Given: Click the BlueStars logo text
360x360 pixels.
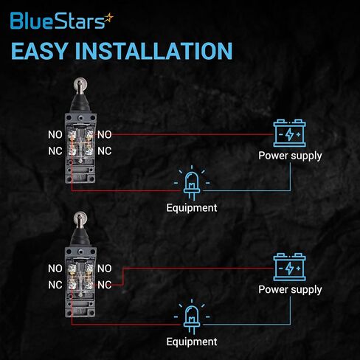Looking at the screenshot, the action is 58,21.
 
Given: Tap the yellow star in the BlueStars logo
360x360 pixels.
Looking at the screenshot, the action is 108,18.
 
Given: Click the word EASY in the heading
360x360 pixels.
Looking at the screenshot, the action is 39,51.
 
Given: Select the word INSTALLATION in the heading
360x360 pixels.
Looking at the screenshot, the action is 153,51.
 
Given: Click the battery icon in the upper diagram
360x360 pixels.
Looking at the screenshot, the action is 290,133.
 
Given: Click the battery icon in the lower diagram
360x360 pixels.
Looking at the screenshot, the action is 290,267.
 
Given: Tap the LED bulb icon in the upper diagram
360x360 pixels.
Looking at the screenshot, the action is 192,182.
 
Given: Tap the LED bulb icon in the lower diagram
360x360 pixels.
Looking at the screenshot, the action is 192,316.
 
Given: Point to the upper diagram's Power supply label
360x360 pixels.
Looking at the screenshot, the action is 290,156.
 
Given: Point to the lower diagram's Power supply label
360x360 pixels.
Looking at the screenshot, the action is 290,290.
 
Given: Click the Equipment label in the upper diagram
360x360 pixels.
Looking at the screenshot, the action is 192,208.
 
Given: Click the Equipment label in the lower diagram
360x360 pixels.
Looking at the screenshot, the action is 192,342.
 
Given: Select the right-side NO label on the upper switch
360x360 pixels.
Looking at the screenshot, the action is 105,134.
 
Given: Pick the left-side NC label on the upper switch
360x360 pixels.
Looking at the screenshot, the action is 55,151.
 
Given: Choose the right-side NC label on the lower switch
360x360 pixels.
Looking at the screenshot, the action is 105,285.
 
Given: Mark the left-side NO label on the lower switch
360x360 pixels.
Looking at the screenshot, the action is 55,269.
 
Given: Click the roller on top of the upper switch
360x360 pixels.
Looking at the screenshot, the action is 80,84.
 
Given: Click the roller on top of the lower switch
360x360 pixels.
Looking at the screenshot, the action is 80,218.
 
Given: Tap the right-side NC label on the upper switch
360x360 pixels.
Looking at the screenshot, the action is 105,151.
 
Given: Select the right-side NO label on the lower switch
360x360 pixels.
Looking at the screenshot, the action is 105,269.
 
